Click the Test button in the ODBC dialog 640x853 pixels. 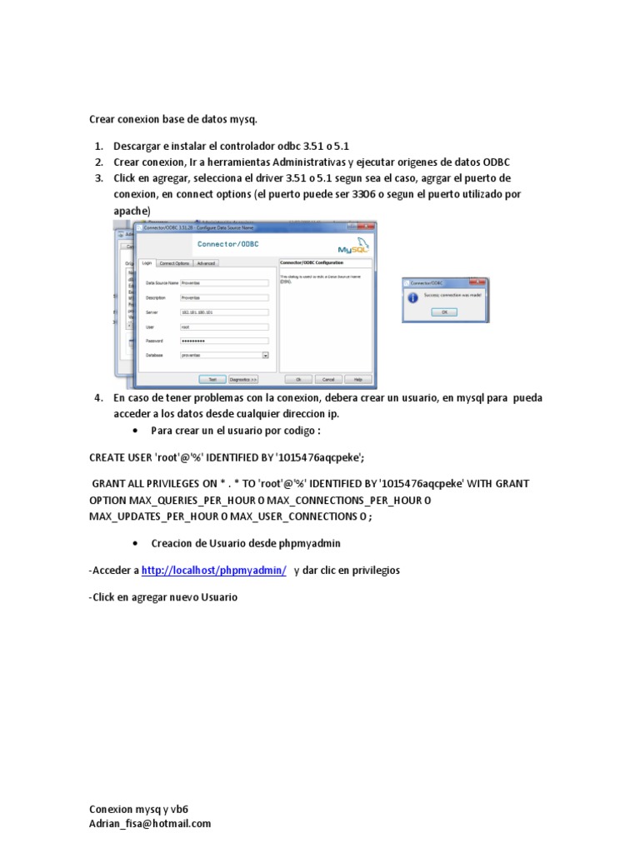pos(212,378)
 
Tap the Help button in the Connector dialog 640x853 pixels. pos(357,378)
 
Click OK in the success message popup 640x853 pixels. pos(444,312)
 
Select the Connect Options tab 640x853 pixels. pos(174,263)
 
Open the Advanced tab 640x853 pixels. pos(206,263)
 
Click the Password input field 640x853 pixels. pos(224,341)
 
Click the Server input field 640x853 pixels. pos(224,312)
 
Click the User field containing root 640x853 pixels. pos(224,327)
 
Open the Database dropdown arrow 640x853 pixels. pos(266,355)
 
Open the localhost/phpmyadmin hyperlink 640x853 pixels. pos(214,570)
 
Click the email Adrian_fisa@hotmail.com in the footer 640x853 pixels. pos(150,823)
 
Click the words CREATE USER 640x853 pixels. pos(122,457)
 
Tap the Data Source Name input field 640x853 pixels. pos(224,282)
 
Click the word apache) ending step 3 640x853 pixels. pos(132,211)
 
